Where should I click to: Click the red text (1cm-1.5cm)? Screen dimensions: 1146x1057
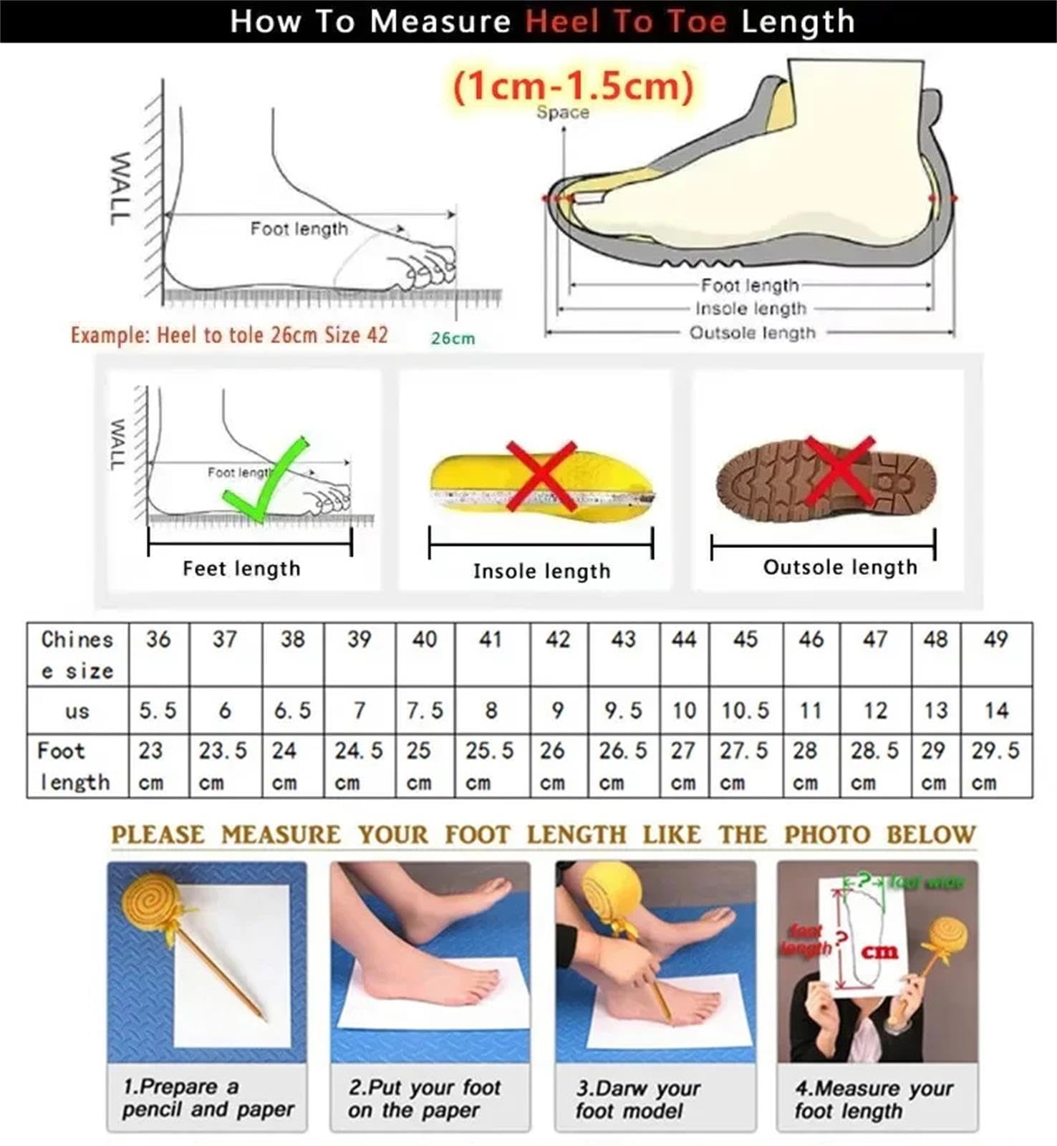(573, 87)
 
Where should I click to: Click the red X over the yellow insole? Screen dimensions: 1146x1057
(541, 476)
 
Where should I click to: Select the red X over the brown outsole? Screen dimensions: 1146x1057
(839, 471)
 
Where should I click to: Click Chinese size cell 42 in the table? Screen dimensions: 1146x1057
(558, 639)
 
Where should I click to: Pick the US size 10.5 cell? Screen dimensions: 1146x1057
(745, 711)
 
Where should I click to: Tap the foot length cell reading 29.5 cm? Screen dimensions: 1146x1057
(995, 765)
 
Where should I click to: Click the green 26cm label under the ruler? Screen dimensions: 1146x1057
(453, 338)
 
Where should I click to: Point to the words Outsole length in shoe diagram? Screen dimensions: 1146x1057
(752, 333)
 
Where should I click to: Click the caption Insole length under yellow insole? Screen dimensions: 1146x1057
(541, 571)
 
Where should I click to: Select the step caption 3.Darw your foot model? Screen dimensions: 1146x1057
(637, 1099)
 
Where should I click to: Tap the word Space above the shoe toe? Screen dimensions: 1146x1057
(563, 112)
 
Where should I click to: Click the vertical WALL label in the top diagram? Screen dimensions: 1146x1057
(120, 188)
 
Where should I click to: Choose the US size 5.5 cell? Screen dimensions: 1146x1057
(158, 711)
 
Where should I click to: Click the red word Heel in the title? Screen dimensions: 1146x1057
(562, 21)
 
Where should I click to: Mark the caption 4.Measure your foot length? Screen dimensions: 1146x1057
(874, 1099)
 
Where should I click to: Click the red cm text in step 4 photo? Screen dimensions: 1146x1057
(879, 952)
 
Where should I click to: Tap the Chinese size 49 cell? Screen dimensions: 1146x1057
(995, 639)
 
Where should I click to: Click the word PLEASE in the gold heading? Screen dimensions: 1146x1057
(158, 834)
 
